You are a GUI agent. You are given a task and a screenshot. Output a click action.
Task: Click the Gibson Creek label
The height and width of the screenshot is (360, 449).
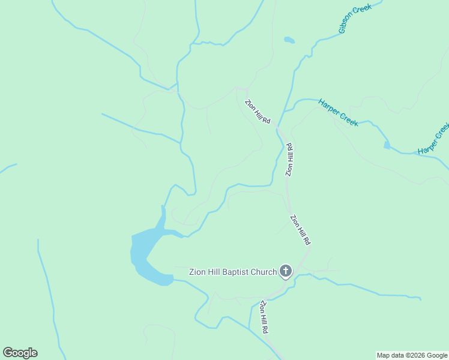coord(355,18)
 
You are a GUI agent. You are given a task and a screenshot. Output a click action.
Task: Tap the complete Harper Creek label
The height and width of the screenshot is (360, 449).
coord(339,112)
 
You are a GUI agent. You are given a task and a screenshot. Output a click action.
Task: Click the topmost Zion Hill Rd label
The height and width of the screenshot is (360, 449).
coord(258,112)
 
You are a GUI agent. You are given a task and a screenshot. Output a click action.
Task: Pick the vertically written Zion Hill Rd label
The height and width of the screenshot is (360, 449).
coord(289,159)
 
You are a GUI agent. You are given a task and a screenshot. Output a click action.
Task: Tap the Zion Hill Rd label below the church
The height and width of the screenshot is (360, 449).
coord(264,317)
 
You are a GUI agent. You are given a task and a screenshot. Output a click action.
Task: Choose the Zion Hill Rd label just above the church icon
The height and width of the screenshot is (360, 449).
coord(300,229)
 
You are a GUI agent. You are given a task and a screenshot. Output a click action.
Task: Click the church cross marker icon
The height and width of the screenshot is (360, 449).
coord(286,272)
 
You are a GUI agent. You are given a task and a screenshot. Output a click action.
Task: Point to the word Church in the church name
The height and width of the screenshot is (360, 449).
coord(265,272)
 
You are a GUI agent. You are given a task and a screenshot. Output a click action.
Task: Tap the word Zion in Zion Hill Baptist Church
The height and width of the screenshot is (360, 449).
coord(198,272)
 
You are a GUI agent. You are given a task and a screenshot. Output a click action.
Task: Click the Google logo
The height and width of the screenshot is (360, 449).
coord(20,353)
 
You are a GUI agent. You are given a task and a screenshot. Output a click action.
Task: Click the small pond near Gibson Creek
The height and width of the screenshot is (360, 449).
coord(289,40)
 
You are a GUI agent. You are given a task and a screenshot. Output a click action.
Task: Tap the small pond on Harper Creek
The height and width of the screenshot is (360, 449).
coord(387,145)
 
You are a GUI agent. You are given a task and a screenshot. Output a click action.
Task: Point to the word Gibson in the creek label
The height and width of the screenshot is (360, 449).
coord(348,23)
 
